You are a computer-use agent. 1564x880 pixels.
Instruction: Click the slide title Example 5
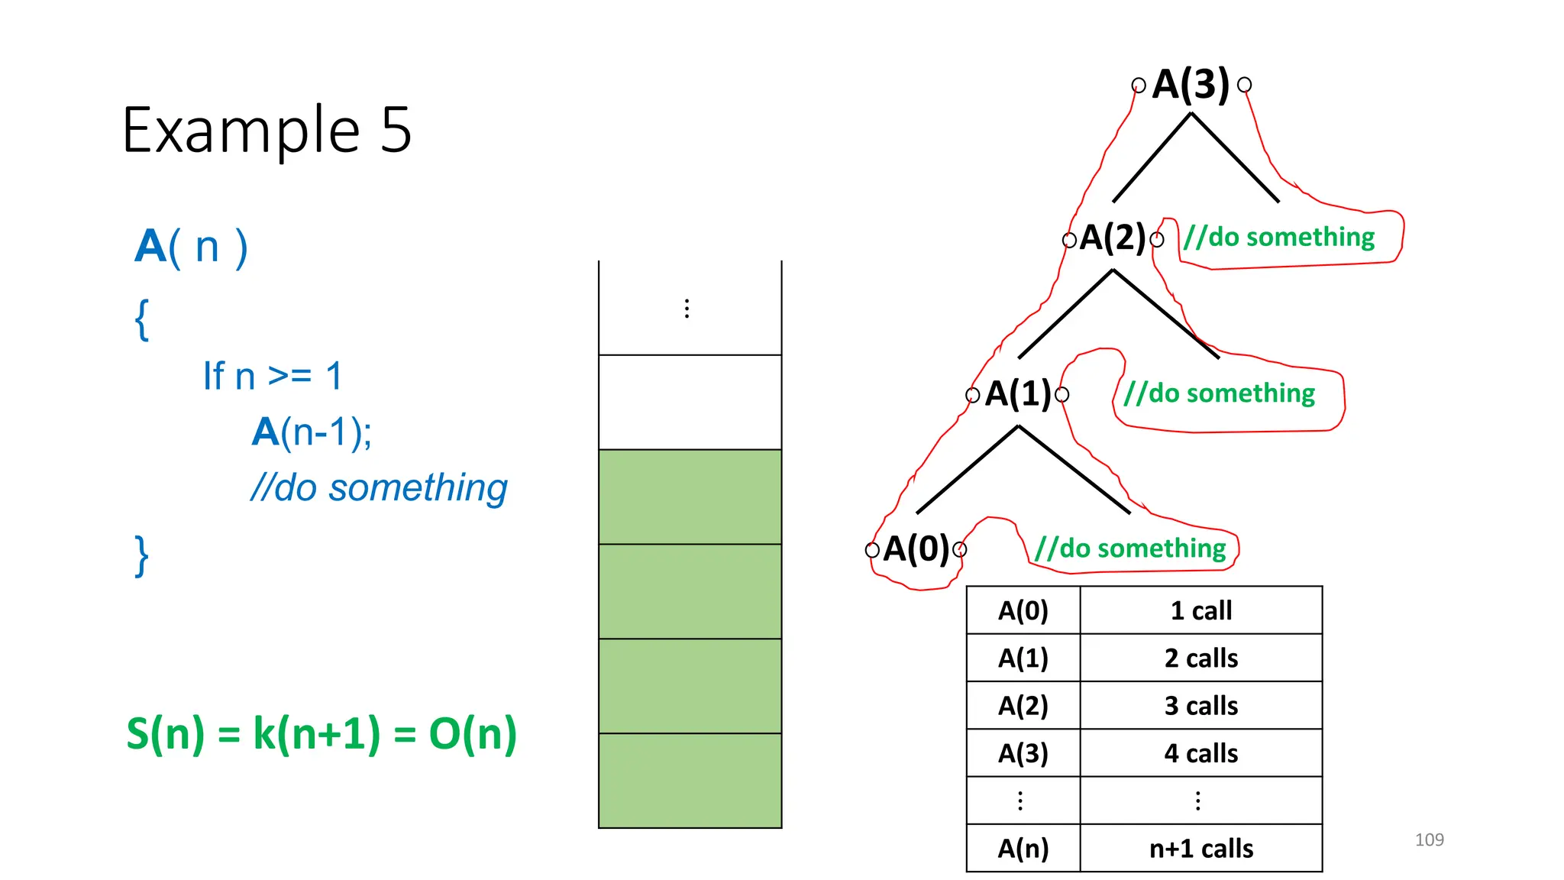[x=267, y=131]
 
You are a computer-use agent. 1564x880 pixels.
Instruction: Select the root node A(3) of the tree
[x=1191, y=84]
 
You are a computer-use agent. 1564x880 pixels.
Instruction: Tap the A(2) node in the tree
[x=1113, y=238]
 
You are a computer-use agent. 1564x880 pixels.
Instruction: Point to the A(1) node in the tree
[x=1018, y=394]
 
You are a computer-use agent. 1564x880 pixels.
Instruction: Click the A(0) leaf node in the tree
[x=916, y=549]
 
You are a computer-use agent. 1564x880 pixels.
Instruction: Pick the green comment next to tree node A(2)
[x=1279, y=238]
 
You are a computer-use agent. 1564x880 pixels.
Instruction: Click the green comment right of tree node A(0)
[x=1130, y=548]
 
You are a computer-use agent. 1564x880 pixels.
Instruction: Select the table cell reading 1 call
[x=1200, y=610]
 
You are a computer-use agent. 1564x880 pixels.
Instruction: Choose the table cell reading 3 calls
[x=1200, y=706]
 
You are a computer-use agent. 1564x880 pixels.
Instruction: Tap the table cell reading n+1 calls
[x=1200, y=849]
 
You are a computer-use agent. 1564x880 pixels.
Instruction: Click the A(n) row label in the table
[x=1023, y=849]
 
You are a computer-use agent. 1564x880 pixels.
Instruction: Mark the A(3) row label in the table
[x=1023, y=753]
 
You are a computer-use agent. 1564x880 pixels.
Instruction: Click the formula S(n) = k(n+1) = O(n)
[x=322, y=734]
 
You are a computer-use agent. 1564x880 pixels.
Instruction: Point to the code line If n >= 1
[x=273, y=377]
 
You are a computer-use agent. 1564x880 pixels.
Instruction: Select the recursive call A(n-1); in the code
[x=312, y=432]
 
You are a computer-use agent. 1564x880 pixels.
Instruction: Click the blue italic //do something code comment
[x=379, y=488]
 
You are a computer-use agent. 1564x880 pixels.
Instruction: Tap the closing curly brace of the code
[x=141, y=555]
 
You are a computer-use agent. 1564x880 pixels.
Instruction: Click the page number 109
[x=1429, y=840]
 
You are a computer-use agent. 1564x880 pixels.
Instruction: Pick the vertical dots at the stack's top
[x=687, y=309]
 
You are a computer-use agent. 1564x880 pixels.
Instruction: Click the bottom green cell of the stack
[x=690, y=781]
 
